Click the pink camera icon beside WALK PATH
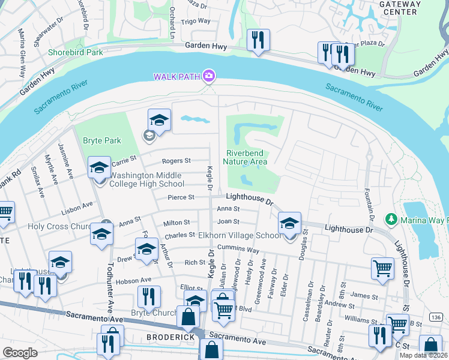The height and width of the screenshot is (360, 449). click(x=209, y=76)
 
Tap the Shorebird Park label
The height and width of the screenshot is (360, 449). click(x=77, y=52)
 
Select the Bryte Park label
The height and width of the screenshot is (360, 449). click(x=101, y=141)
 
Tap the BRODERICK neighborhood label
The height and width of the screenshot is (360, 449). click(x=170, y=337)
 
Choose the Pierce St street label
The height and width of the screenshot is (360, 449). click(x=181, y=197)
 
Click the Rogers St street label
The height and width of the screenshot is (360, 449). click(x=176, y=161)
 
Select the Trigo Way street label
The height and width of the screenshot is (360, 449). click(x=196, y=21)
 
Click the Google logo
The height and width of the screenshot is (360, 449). click(x=20, y=352)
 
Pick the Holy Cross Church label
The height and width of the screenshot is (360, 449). click(x=62, y=227)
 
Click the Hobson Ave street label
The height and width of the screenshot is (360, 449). click(x=137, y=280)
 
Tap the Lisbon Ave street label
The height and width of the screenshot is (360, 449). click(x=76, y=207)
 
